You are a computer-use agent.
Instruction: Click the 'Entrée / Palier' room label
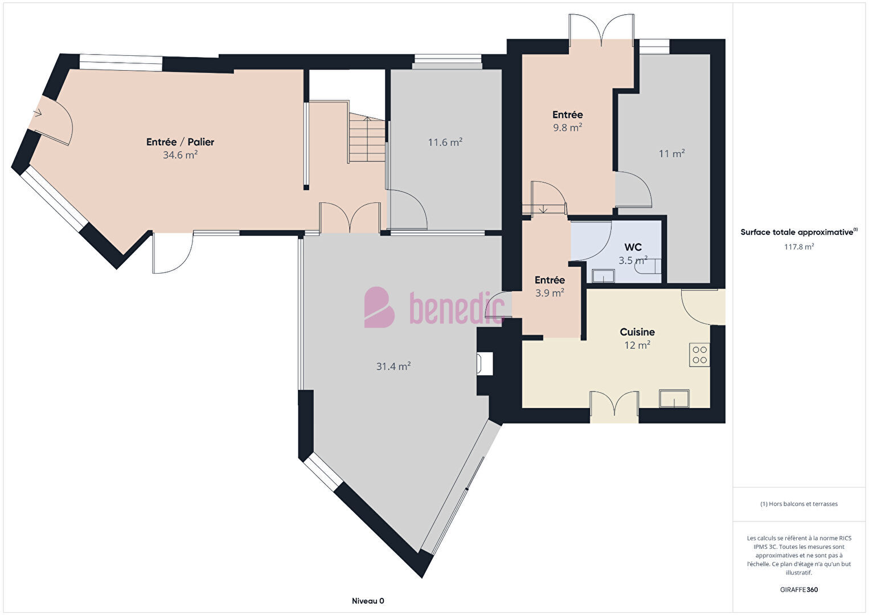[x=180, y=142]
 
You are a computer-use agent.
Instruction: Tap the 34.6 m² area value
[x=180, y=155]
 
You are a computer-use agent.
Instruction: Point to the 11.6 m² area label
[x=445, y=142]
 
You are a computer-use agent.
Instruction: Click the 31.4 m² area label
[x=393, y=366]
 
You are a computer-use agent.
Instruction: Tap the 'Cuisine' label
[x=637, y=332]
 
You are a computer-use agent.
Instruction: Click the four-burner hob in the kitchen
[x=699, y=355]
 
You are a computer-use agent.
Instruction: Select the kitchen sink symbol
[x=674, y=398]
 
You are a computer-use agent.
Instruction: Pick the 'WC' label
[x=633, y=247]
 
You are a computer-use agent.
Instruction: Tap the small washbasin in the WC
[x=603, y=276]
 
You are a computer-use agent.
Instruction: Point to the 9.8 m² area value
[x=568, y=127]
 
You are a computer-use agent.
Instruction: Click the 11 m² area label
[x=671, y=154]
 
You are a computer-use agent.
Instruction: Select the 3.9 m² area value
[x=550, y=293]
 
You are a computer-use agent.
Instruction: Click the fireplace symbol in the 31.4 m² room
[x=485, y=364]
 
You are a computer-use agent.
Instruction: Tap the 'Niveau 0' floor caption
[x=368, y=601]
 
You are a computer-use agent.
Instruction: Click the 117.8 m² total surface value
[x=799, y=247]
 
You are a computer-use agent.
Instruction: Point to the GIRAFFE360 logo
[x=799, y=589]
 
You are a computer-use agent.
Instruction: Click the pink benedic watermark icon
[x=379, y=307]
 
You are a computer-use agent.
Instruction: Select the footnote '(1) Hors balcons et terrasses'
[x=799, y=504]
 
